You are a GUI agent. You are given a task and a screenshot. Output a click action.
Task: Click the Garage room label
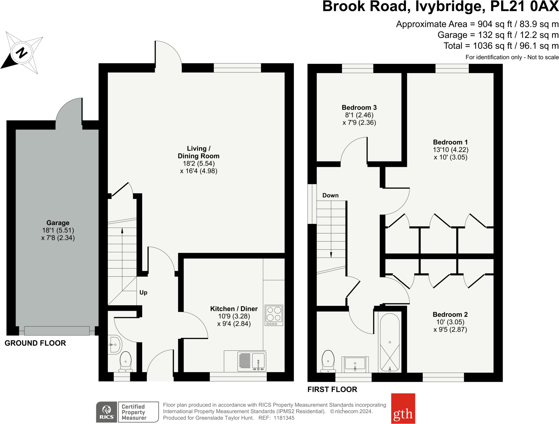click(x=58, y=223)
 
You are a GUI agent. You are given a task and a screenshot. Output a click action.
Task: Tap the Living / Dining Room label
click(x=198, y=152)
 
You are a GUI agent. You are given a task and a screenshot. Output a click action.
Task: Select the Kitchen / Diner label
click(x=234, y=309)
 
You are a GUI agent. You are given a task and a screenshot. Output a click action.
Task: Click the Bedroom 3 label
click(x=359, y=108)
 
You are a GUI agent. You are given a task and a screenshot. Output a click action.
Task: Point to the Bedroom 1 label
click(x=450, y=142)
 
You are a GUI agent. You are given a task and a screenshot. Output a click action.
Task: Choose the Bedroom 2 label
click(x=450, y=314)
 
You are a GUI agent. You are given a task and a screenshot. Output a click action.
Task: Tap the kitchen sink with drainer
click(x=252, y=361)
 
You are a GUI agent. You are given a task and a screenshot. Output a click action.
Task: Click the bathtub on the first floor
click(x=390, y=342)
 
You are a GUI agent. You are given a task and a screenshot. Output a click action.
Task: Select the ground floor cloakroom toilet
click(x=126, y=361)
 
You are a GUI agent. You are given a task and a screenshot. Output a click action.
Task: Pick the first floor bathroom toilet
click(x=328, y=361)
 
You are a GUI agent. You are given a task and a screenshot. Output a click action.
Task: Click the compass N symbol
click(x=22, y=53)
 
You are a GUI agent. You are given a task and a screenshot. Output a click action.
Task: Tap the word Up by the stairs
click(x=143, y=292)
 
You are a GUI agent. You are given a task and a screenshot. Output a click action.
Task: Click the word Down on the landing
click(x=330, y=195)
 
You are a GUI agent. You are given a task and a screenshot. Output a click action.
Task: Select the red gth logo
click(x=403, y=408)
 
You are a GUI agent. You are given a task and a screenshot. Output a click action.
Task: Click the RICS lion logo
click(x=107, y=412)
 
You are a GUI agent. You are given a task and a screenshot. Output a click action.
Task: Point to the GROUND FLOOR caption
click(x=35, y=343)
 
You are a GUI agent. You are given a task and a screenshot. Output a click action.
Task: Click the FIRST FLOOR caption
click(x=332, y=389)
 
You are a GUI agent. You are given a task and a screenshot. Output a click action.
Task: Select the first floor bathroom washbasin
click(x=355, y=364)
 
